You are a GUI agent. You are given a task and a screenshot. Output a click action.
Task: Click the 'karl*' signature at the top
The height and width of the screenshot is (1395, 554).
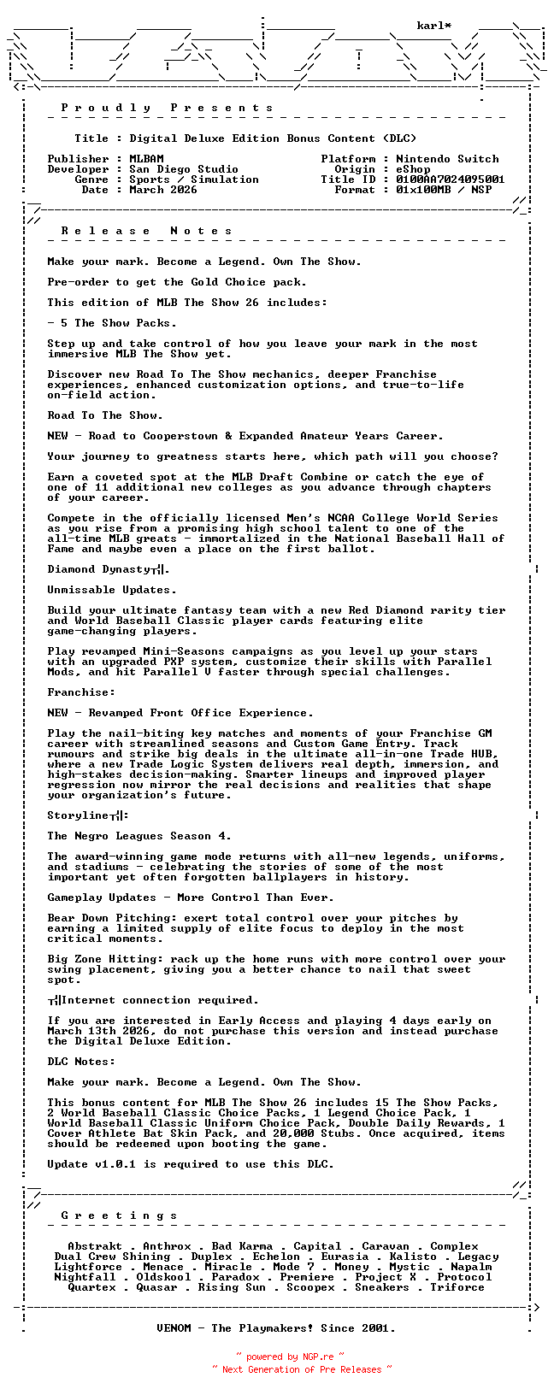tap(434, 26)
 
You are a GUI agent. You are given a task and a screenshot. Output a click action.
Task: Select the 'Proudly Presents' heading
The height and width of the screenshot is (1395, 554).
tap(168, 108)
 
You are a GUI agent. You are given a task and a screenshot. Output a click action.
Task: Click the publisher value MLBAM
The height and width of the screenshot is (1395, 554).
tap(146, 159)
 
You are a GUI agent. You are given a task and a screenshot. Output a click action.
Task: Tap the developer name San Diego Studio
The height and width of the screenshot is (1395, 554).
tap(184, 169)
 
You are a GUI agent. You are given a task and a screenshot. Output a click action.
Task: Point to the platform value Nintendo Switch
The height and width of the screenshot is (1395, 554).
tap(447, 159)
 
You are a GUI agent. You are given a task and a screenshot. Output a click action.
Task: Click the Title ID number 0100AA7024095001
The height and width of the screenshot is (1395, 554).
tap(451, 180)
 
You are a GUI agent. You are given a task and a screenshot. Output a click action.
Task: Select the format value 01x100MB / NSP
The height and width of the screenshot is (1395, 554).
tap(444, 190)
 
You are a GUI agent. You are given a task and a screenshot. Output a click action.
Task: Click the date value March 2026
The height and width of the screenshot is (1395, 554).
tap(163, 190)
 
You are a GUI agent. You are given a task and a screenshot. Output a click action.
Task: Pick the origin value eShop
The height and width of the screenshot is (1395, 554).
tap(413, 169)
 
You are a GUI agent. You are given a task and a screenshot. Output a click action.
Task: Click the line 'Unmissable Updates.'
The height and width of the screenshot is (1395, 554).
tap(112, 590)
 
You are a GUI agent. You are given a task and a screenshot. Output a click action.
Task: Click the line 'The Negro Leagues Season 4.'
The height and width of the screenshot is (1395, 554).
tap(139, 836)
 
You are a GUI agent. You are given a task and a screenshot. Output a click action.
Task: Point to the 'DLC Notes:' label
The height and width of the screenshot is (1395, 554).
tap(81, 1062)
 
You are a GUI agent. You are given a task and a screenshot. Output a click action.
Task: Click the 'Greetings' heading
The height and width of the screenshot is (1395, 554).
tap(120, 1215)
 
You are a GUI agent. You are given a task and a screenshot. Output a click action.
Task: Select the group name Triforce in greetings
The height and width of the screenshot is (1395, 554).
tap(457, 1287)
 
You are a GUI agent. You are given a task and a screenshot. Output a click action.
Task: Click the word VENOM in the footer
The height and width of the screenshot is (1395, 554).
tap(177, 1328)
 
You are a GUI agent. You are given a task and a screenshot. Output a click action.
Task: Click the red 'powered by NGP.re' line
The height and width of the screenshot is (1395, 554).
tap(290, 1357)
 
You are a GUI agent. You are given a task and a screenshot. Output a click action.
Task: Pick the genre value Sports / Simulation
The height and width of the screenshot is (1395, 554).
tap(194, 180)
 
